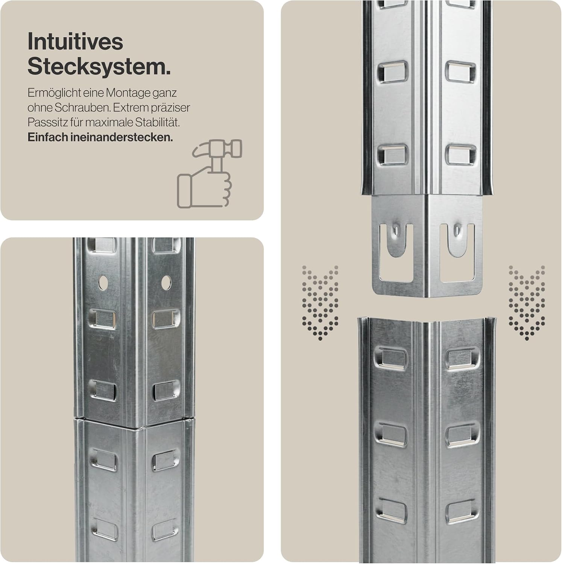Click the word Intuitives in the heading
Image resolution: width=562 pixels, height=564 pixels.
coord(75,41)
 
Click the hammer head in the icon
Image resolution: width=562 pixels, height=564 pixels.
coord(217,149)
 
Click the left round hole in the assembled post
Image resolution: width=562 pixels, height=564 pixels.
coord(103,283)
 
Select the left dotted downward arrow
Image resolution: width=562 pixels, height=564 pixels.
coord(320,303)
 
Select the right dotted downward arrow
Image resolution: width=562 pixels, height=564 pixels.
coord(527,303)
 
